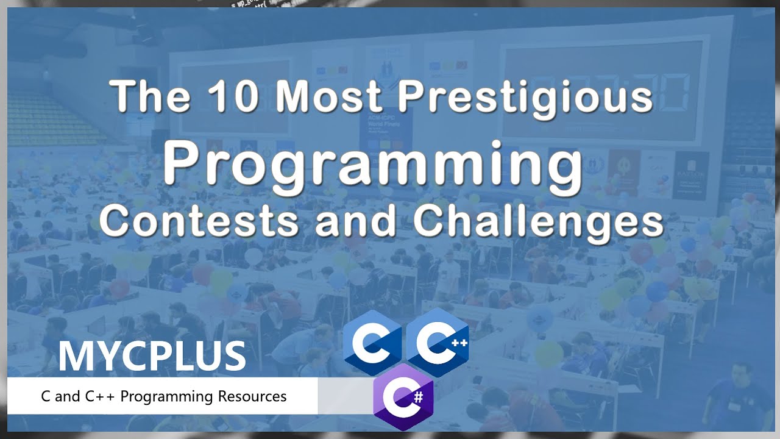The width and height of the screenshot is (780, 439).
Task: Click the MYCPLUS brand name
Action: (152, 357)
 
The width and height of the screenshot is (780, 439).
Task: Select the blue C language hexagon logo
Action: (373, 341)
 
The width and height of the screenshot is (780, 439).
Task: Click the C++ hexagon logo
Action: (438, 341)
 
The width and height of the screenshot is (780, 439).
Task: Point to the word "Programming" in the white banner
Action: (166, 397)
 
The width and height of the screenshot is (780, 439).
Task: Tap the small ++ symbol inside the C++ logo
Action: (459, 342)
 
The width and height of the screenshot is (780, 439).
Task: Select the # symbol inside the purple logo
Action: (417, 396)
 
